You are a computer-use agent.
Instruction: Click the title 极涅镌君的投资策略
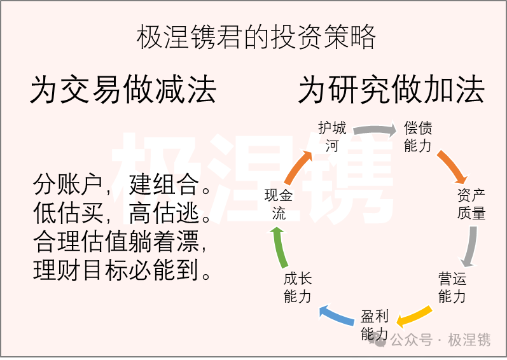(256, 38)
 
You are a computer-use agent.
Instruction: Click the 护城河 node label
(332, 137)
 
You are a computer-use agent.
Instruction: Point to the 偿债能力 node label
(418, 137)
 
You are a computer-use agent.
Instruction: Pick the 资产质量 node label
(471, 204)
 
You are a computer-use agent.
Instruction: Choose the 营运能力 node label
(452, 287)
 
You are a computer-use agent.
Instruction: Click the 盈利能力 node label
(374, 325)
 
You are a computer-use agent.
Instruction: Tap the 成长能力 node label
(298, 287)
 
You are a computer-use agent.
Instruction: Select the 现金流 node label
(279, 204)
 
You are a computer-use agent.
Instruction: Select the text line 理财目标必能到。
(123, 272)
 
